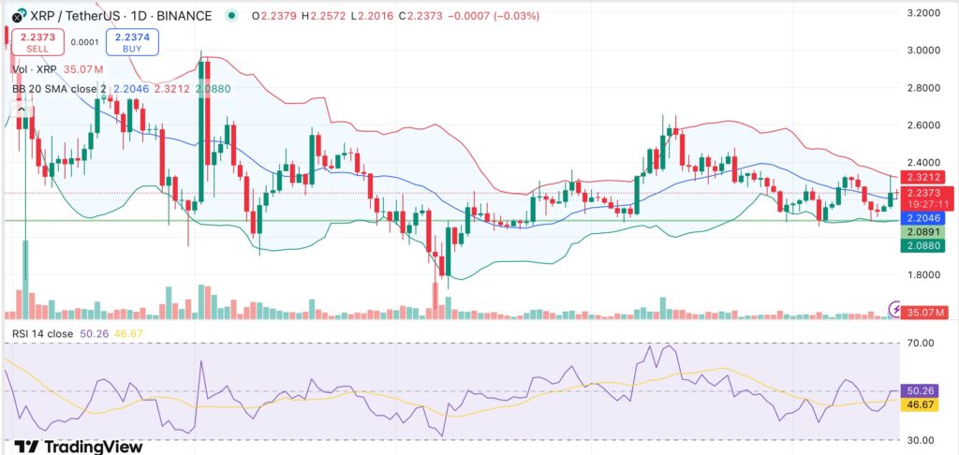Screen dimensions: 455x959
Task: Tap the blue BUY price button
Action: (133, 41)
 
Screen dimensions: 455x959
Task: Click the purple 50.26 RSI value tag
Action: (926, 389)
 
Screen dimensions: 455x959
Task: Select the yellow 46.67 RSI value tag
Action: (926, 404)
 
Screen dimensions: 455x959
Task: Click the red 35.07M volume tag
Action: (927, 312)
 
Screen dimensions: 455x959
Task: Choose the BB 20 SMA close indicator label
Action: (66, 89)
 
